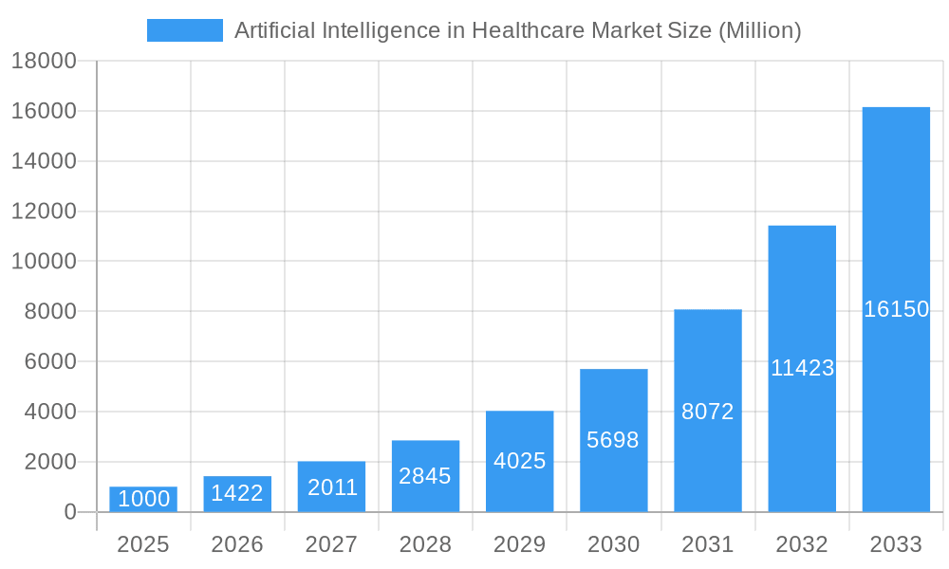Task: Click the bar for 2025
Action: point(143,499)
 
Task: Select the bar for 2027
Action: point(331,486)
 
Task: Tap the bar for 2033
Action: point(896,309)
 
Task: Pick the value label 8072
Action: point(708,412)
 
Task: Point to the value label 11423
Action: point(802,368)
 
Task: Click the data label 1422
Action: point(237,493)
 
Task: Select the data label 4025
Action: point(520,461)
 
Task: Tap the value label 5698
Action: point(613,440)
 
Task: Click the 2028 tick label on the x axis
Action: point(425,544)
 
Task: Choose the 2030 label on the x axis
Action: point(613,544)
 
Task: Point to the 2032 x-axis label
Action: point(802,544)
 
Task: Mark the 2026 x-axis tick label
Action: point(237,544)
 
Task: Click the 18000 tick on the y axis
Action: point(44,62)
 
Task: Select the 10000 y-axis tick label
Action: point(44,262)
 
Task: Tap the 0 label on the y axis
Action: point(69,512)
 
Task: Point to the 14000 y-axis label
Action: point(44,161)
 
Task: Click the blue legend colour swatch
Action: point(184,30)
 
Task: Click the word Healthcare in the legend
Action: point(526,30)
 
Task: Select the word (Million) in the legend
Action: point(759,30)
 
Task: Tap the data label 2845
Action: point(425,476)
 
